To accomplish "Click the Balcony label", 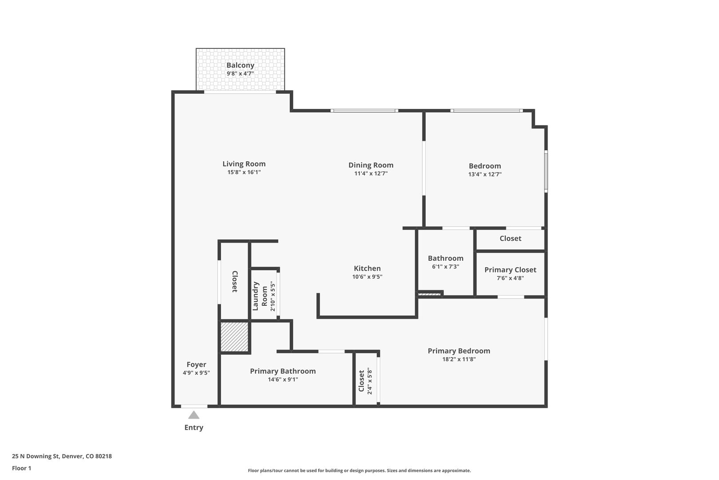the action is tap(240, 65).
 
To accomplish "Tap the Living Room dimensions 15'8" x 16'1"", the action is tap(244, 172).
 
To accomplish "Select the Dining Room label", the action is tap(371, 165).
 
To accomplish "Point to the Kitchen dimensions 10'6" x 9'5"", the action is tap(367, 277).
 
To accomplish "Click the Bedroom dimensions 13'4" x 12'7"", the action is tap(485, 175).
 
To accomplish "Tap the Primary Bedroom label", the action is tap(458, 351).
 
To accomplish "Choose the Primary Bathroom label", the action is tap(283, 371).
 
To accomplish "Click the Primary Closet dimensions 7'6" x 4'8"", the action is tap(510, 278).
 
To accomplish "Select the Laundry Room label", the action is tap(260, 296).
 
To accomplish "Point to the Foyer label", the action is tap(196, 365).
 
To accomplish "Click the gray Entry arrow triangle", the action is tap(194, 415).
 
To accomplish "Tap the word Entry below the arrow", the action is tap(194, 428).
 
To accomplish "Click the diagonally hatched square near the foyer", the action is tap(234, 337).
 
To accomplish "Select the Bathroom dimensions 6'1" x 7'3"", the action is tap(445, 267).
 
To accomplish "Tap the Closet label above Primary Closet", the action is tap(510, 239).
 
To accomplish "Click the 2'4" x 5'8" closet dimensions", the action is tap(369, 381).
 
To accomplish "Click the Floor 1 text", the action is tap(21, 468).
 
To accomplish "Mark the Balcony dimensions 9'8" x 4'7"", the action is tap(240, 74).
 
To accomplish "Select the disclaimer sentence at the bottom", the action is tap(359, 471).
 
